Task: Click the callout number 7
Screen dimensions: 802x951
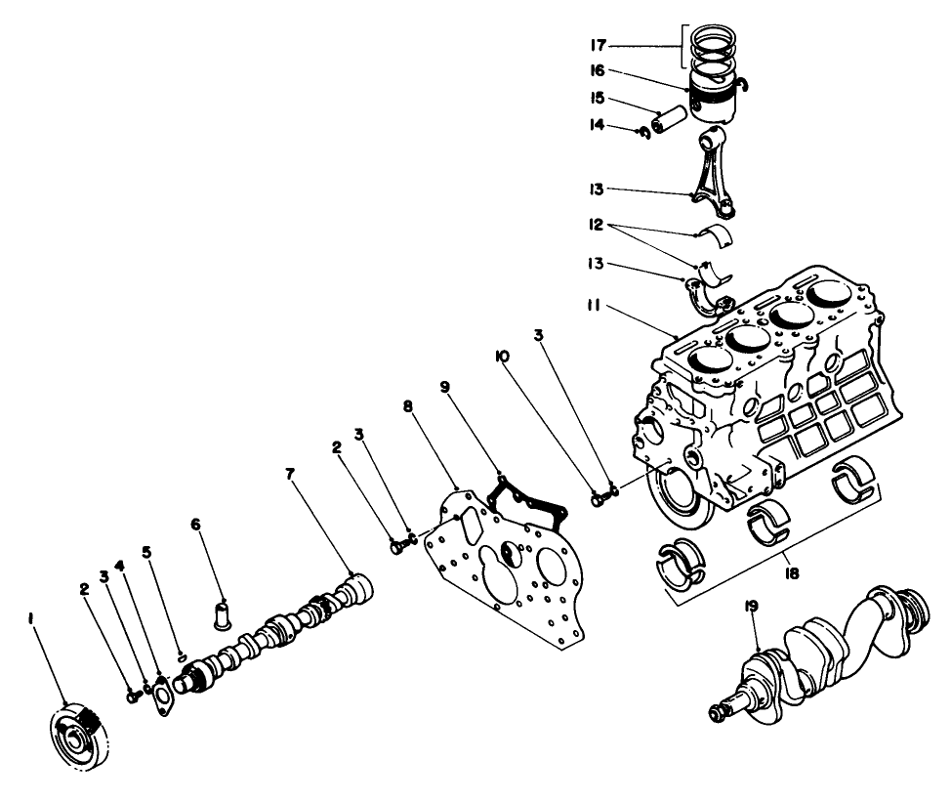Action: [290, 475]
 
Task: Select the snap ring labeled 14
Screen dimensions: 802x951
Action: [645, 132]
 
